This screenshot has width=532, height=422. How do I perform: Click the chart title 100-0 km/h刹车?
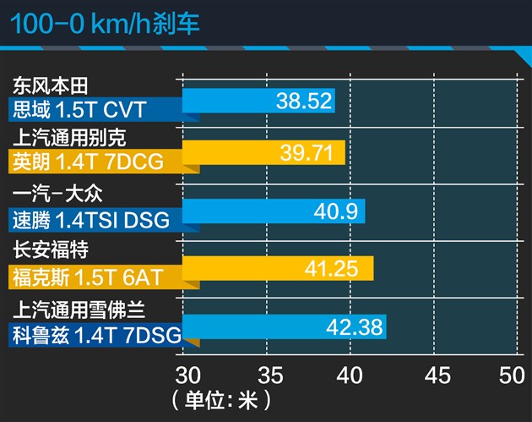point(105,22)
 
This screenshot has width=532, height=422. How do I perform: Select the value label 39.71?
point(312,154)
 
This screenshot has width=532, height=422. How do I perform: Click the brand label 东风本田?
point(51,85)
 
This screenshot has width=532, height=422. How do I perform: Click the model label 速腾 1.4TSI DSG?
point(91,219)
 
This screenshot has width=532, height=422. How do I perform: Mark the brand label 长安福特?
point(51,250)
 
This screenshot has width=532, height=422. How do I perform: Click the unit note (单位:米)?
point(219,398)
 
